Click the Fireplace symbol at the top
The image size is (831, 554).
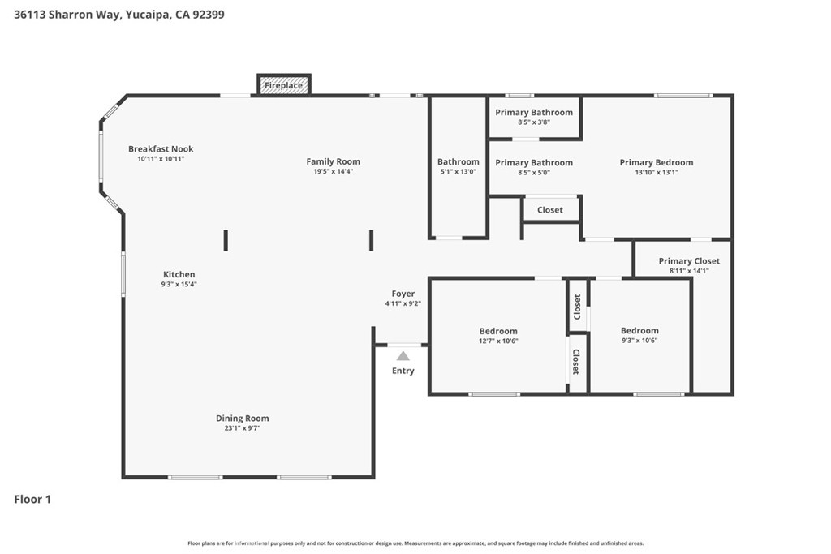tap(283, 85)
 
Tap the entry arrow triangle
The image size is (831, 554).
tap(403, 355)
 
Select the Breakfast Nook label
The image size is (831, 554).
tap(161, 149)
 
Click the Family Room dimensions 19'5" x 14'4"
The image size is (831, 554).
tap(333, 171)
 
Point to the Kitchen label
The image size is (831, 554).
tap(179, 274)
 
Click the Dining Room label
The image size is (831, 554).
tap(242, 419)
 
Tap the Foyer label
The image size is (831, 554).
tap(403, 294)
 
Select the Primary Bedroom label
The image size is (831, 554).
tap(656, 162)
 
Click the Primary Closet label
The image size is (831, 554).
tap(688, 261)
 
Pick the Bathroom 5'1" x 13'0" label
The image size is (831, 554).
tap(458, 162)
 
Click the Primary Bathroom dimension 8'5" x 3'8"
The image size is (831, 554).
tap(534, 122)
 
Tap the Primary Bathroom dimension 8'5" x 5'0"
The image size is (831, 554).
tap(534, 172)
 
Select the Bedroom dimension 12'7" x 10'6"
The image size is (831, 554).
tap(498, 341)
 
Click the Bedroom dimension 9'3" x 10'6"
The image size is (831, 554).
tap(639, 341)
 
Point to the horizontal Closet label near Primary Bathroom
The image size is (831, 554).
tap(549, 210)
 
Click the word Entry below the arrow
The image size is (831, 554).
tap(403, 371)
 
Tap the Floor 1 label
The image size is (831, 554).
tap(32, 500)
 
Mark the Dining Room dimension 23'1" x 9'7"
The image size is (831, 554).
tap(242, 428)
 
